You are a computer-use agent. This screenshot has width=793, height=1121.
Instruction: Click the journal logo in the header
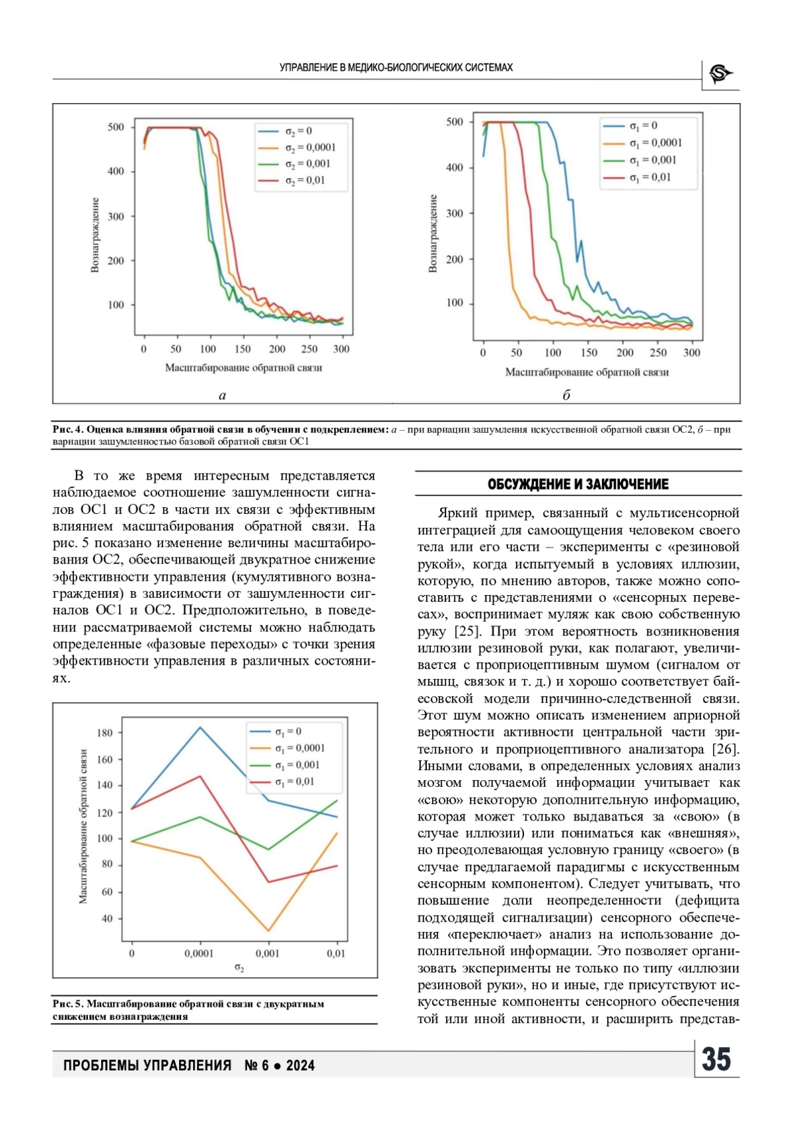coord(720,74)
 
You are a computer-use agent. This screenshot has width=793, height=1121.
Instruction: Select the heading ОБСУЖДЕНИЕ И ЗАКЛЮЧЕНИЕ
coord(578,484)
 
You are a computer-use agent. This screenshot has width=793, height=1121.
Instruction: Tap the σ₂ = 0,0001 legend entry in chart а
coord(296,147)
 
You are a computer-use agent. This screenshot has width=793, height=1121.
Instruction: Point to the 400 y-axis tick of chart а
coord(116,171)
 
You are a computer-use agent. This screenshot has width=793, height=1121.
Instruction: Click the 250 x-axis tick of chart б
coord(658,352)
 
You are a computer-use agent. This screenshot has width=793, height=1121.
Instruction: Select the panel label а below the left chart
coord(222,395)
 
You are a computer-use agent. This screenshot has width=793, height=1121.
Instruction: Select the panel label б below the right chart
coord(566,395)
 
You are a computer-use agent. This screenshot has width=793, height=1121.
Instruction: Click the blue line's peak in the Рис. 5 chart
coord(200,727)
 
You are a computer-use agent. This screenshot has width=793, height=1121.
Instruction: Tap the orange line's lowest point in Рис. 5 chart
coord(269,931)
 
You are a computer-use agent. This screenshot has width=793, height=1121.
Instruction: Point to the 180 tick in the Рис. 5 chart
coord(104,733)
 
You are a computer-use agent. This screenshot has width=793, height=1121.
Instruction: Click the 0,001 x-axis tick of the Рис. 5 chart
coord(268,953)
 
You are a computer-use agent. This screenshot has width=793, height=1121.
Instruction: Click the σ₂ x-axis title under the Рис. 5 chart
coord(239,968)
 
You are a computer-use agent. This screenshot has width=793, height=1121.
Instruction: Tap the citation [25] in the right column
coord(466,631)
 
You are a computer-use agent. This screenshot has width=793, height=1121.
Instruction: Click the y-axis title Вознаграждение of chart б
coord(433,234)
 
